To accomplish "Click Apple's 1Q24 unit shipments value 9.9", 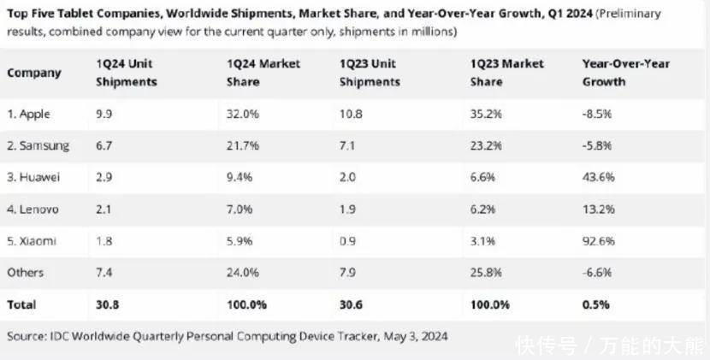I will (x=105, y=115).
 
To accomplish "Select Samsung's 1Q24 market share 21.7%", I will (x=241, y=146).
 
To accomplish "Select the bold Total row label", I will (x=21, y=304).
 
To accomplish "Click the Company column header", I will (x=34, y=74).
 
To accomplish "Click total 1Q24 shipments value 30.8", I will (x=109, y=304).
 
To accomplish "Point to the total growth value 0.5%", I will (x=595, y=304).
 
